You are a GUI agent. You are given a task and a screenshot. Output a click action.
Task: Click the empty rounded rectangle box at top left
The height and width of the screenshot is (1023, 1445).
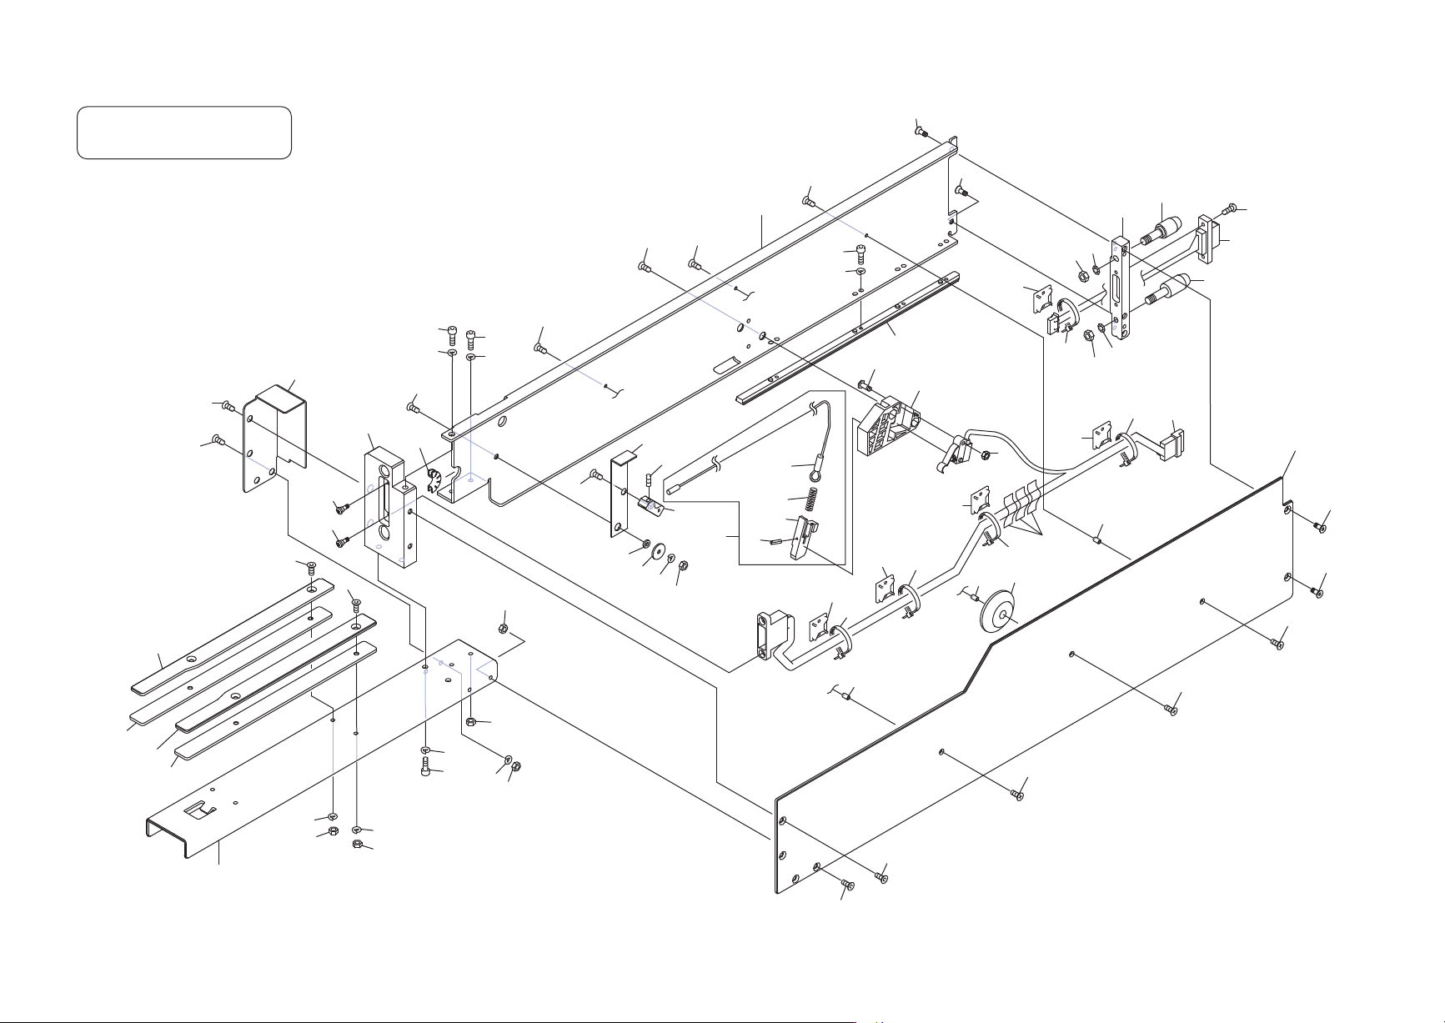(x=183, y=132)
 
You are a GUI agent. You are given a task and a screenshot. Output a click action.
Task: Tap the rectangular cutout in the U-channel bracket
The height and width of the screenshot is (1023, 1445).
(x=200, y=808)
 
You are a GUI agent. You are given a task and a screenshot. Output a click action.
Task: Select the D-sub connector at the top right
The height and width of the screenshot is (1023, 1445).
(x=1207, y=238)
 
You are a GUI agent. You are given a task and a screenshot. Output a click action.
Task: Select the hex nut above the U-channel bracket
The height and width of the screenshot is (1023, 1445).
(x=503, y=627)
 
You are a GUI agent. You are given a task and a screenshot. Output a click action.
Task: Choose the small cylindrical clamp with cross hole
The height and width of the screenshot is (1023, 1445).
(x=1099, y=539)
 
